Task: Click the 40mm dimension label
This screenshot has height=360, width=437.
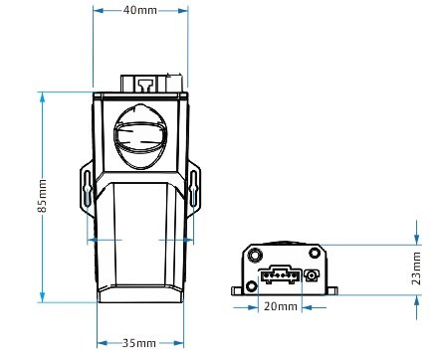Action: pos(139,10)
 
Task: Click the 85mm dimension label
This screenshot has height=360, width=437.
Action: pos(42,196)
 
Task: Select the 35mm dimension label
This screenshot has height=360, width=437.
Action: pos(139,343)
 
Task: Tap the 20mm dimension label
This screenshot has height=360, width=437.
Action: pos(281,306)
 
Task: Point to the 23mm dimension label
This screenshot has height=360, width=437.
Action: pos(416,269)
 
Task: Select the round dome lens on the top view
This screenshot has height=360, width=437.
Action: pos(140,136)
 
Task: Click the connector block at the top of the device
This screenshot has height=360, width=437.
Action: pos(151,84)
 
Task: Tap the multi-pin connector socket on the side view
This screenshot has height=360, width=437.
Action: pos(281,274)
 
